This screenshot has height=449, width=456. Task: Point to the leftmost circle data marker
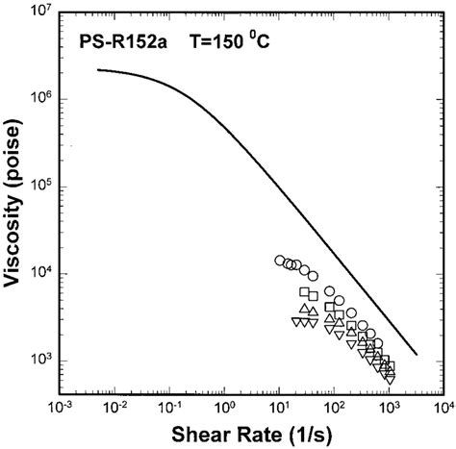click(280, 261)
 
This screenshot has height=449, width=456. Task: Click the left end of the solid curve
click(98, 69)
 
